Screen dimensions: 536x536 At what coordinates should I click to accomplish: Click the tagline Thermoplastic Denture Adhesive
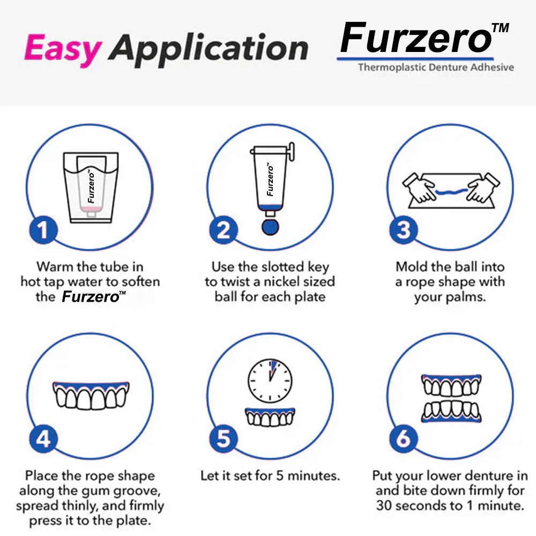436,67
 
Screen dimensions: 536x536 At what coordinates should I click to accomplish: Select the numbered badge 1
43,230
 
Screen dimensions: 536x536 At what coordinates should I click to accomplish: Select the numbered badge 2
223,230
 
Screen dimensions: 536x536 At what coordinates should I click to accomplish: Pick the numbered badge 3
404,230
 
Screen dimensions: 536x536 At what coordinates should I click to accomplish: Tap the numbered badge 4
43,439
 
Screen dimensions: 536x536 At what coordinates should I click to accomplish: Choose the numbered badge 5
223,439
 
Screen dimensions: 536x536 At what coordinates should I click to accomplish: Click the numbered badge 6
404,439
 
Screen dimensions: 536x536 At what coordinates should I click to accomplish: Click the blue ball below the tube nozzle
270,227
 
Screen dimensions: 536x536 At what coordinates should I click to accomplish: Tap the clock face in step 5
270,381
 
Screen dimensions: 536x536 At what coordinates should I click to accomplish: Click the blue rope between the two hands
451,191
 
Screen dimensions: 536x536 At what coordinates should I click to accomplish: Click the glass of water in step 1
91,188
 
